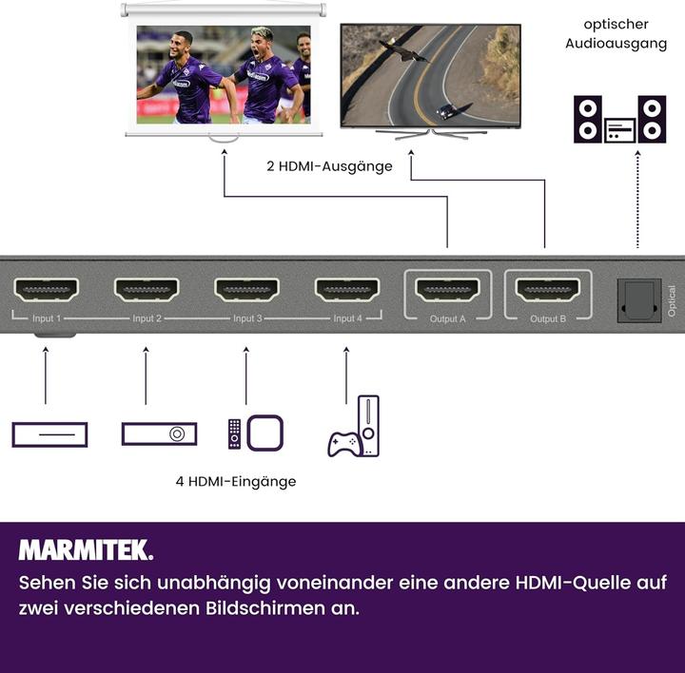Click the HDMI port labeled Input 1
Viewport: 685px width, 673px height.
click(x=46, y=290)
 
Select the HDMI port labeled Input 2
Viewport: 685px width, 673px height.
click(x=147, y=290)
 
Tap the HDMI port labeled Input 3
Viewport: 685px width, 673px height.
click(x=246, y=290)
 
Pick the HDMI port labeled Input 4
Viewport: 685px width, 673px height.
click(x=347, y=290)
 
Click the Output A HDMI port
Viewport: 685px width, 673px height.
click(x=448, y=290)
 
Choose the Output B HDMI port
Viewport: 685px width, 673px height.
click(x=548, y=290)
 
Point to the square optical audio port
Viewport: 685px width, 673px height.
click(x=638, y=300)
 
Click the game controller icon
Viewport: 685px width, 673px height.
click(x=343, y=443)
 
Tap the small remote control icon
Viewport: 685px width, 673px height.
click(x=234, y=433)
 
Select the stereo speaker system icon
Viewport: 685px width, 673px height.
click(x=619, y=120)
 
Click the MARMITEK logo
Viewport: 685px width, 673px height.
click(x=86, y=550)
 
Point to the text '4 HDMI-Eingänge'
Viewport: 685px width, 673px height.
click(x=235, y=482)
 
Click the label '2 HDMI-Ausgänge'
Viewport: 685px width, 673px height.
click(x=329, y=166)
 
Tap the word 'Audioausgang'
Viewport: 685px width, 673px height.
click(x=616, y=44)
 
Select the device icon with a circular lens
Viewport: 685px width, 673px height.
click(x=160, y=434)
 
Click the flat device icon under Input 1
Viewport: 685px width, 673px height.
click(x=49, y=434)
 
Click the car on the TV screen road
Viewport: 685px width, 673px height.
click(x=445, y=113)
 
